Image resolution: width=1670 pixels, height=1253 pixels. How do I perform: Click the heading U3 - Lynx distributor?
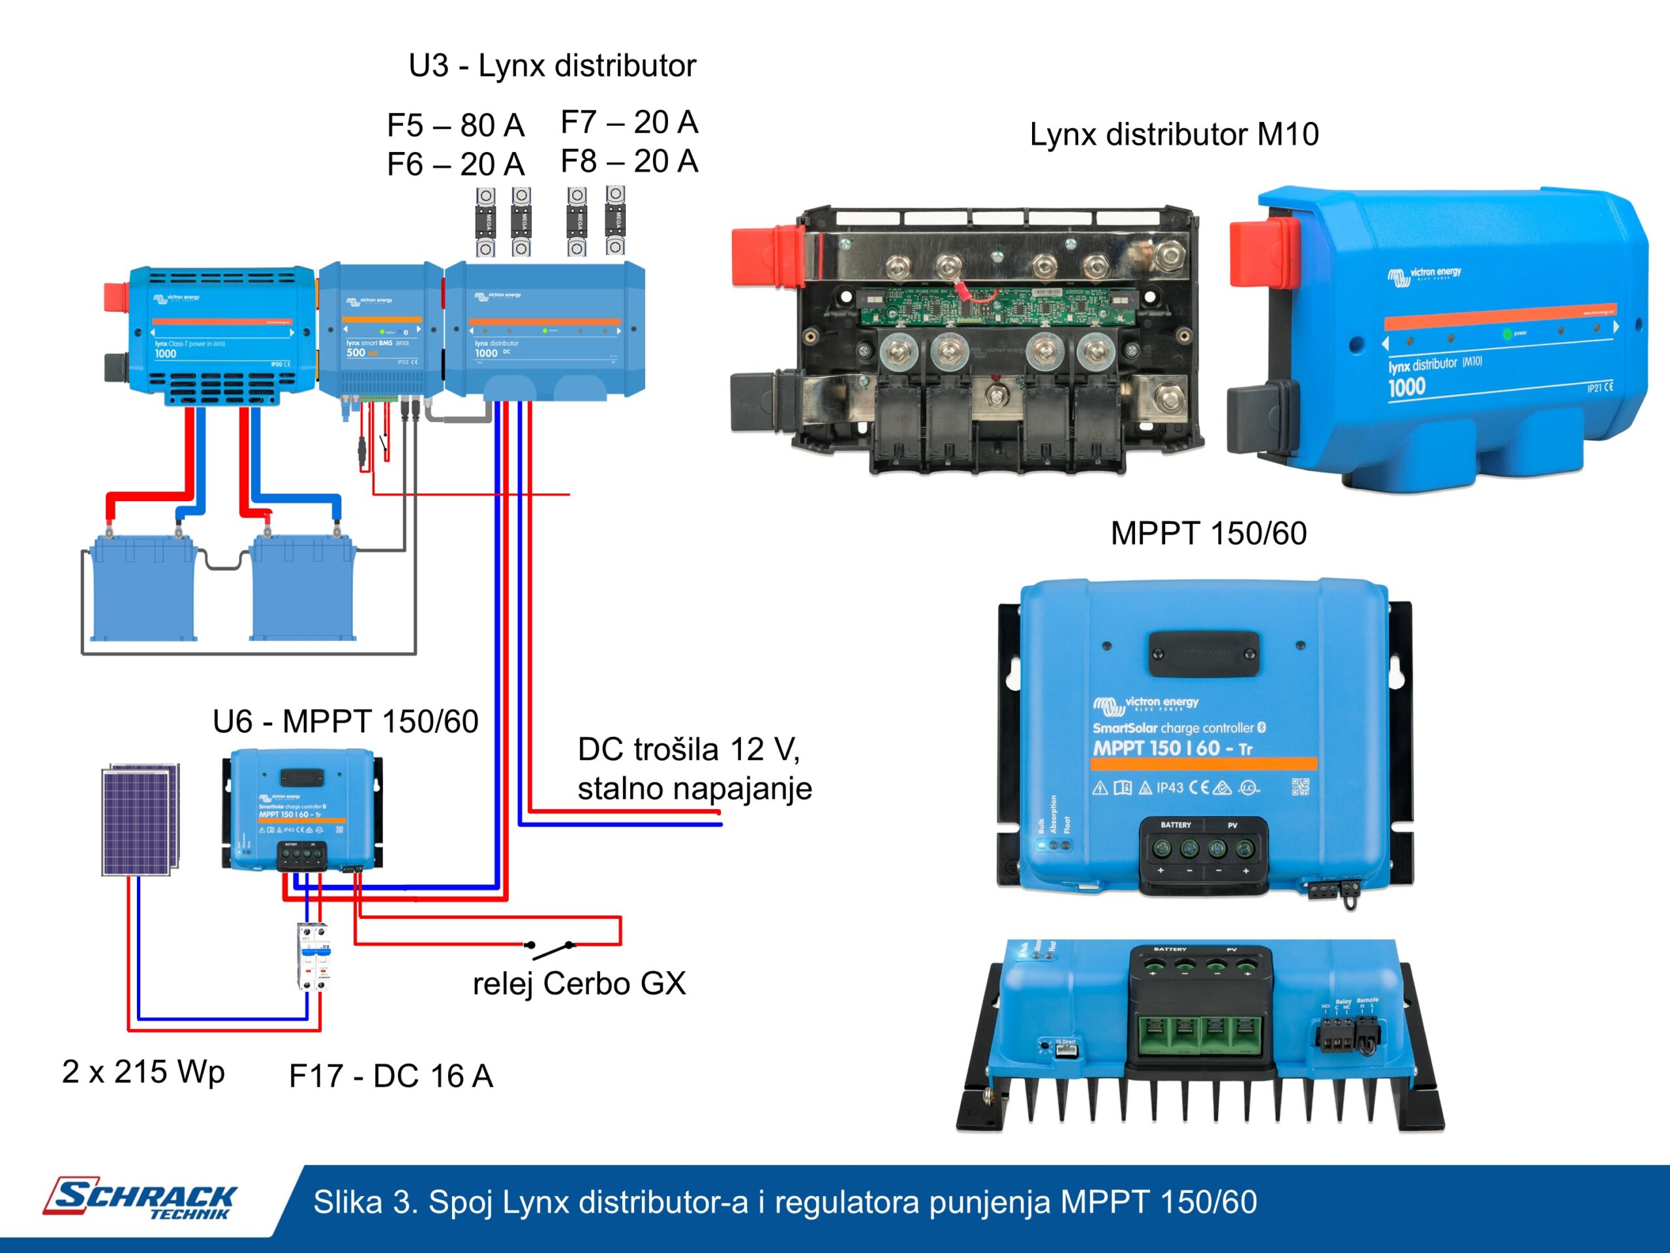tap(552, 66)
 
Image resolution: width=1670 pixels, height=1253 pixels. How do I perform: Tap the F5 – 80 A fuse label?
tap(455, 125)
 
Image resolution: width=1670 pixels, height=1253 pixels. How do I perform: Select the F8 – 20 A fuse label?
tap(629, 161)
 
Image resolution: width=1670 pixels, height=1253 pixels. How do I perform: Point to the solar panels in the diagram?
tap(140, 820)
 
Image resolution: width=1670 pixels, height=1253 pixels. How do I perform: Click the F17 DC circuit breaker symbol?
tap(313, 956)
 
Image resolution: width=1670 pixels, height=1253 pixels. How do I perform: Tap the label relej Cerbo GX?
tap(579, 983)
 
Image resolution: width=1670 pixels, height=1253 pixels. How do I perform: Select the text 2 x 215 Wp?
tap(144, 1072)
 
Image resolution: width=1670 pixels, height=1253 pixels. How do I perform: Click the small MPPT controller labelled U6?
tap(302, 810)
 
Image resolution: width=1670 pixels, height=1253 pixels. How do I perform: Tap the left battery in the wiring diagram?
tap(144, 587)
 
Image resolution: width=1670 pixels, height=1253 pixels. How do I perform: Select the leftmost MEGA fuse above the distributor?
tap(485, 222)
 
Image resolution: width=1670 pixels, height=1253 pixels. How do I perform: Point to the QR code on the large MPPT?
tap(1300, 787)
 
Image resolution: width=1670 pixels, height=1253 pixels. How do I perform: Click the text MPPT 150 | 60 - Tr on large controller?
tap(1172, 749)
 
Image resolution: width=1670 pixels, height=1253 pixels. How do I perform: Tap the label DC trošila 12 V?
tap(688, 750)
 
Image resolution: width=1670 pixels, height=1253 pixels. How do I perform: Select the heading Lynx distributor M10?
tap(1174, 134)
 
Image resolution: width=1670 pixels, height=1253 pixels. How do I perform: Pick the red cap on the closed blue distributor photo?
tap(1262, 253)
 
